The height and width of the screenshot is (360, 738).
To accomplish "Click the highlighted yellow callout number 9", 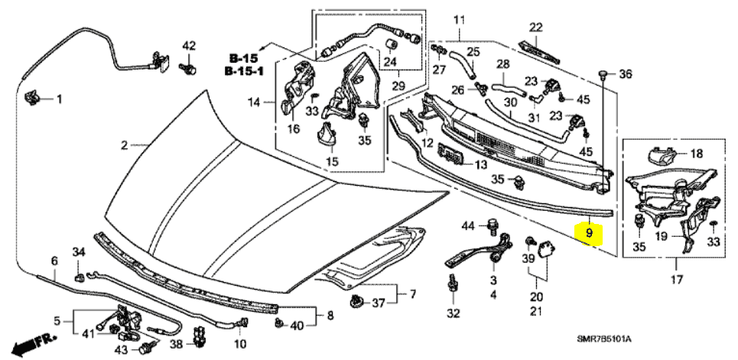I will tap(590, 230).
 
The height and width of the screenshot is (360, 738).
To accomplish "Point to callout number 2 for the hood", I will tap(123, 144).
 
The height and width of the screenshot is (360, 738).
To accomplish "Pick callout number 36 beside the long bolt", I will tap(626, 74).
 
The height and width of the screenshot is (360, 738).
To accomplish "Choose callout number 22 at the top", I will tap(536, 27).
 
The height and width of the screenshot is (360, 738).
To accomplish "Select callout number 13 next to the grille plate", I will tap(480, 164).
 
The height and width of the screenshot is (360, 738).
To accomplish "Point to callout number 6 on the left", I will tap(54, 261).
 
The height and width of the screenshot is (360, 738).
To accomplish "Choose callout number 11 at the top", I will tap(459, 18).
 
